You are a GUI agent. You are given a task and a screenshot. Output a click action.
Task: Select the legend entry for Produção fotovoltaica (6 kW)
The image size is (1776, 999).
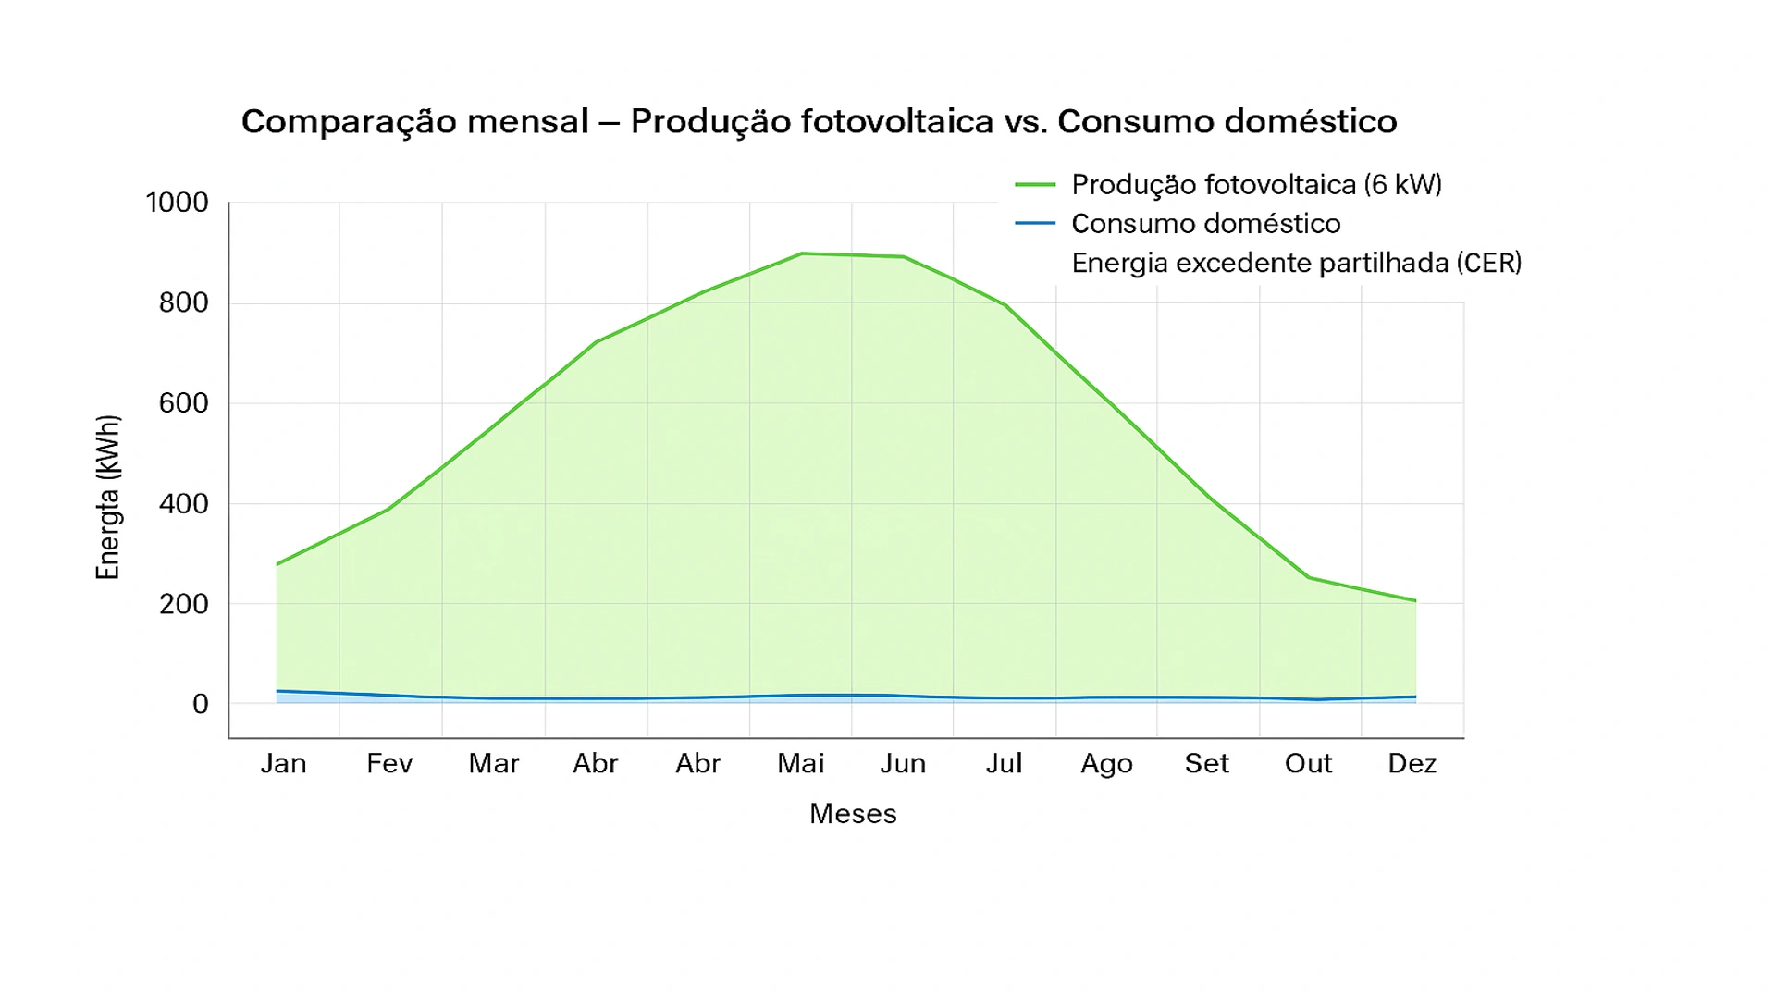1256,185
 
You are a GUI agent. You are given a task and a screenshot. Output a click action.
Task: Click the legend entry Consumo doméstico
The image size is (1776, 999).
1205,224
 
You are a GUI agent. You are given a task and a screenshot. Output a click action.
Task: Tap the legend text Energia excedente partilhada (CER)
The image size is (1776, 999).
1296,264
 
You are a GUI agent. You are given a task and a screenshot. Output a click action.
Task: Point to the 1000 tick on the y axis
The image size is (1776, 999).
177,203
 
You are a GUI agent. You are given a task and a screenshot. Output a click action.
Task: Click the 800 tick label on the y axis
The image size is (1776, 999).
183,302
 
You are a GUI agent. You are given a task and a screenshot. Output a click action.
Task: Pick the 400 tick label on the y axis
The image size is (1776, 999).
183,504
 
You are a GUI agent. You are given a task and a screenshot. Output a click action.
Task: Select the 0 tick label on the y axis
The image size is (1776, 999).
200,704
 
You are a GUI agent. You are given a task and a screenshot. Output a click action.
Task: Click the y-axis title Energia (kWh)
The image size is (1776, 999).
108,498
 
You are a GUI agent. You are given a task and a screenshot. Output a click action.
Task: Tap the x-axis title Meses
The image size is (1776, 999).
852,814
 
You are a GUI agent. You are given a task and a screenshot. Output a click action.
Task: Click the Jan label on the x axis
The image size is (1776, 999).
283,764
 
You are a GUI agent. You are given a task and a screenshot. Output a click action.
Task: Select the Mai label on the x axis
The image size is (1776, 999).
800,764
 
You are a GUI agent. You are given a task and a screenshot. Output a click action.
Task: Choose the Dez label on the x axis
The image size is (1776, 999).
1412,764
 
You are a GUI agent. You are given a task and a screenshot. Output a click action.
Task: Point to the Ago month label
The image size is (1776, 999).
1106,764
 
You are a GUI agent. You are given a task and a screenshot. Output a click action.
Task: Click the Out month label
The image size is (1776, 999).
1308,764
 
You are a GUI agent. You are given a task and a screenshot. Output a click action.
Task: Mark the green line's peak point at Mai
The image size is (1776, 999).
802,253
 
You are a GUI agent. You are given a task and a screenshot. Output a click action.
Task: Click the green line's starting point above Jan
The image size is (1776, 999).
277,564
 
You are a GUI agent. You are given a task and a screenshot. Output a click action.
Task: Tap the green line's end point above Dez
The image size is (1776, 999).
1415,601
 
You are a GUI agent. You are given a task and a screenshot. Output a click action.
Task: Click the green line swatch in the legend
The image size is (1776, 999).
1034,185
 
